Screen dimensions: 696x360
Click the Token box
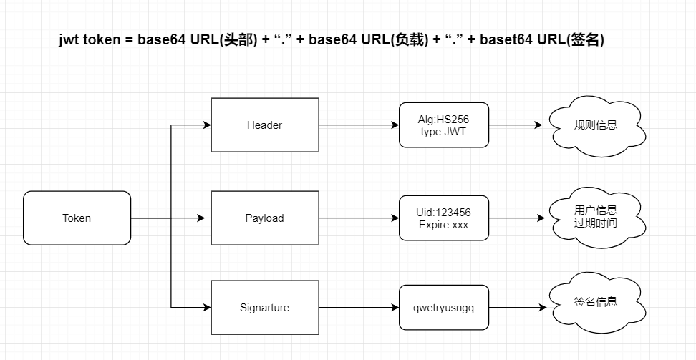(x=77, y=218)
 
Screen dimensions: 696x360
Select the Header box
(x=264, y=125)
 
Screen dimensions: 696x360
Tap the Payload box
(x=264, y=218)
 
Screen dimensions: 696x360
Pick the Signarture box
(x=264, y=307)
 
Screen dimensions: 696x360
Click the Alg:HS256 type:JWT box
(x=444, y=125)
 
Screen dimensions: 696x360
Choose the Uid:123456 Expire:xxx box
(x=444, y=218)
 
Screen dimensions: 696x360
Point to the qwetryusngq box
(x=444, y=307)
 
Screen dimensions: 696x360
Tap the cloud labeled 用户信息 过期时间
(x=597, y=217)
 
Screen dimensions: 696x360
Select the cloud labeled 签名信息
(x=596, y=303)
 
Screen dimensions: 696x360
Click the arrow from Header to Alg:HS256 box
(x=359, y=125)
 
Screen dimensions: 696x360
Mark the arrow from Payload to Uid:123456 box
(x=359, y=218)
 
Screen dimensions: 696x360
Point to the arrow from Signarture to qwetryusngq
(x=359, y=307)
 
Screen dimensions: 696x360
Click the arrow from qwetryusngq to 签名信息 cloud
(x=518, y=307)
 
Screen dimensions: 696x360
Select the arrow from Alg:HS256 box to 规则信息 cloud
(x=516, y=125)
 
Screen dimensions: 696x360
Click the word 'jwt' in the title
(x=69, y=40)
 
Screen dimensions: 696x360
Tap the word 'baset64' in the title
(x=506, y=40)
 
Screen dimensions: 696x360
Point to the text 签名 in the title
(x=586, y=40)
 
